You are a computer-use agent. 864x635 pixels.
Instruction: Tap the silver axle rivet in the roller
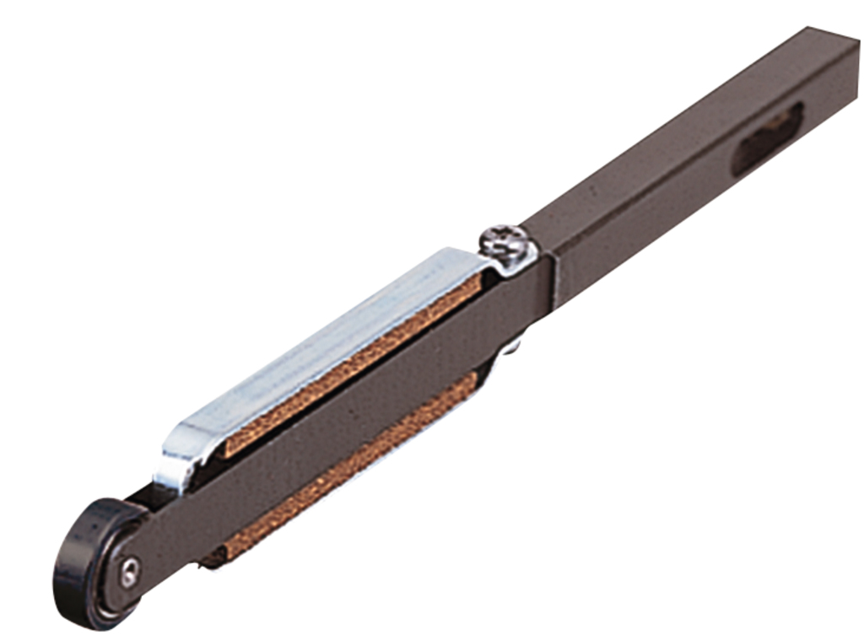pyautogui.click(x=129, y=573)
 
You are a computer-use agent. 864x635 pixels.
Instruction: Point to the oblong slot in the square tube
pyautogui.click(x=766, y=138)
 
